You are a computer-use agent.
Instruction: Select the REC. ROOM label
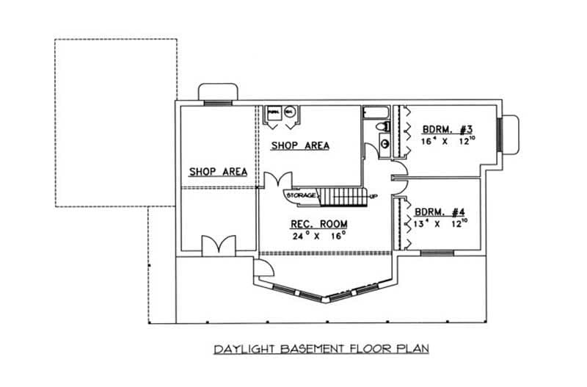click(x=318, y=224)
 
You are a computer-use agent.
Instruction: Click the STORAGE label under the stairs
click(x=302, y=196)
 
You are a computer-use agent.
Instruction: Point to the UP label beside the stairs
click(x=373, y=197)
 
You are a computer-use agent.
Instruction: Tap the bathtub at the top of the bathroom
click(x=375, y=112)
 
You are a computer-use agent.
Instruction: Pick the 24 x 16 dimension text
click(x=318, y=236)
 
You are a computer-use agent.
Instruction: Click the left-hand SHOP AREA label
click(x=218, y=172)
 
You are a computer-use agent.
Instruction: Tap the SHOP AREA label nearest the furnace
click(x=300, y=145)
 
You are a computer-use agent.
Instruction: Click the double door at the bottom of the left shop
click(x=218, y=245)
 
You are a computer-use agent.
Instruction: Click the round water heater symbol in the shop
click(x=289, y=112)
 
